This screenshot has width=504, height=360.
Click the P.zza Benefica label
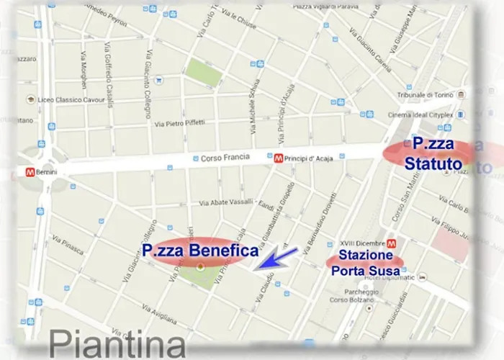click(200, 251)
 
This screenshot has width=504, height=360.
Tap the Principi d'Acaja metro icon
click(278, 158)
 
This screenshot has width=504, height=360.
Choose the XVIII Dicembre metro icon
click(392, 243)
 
